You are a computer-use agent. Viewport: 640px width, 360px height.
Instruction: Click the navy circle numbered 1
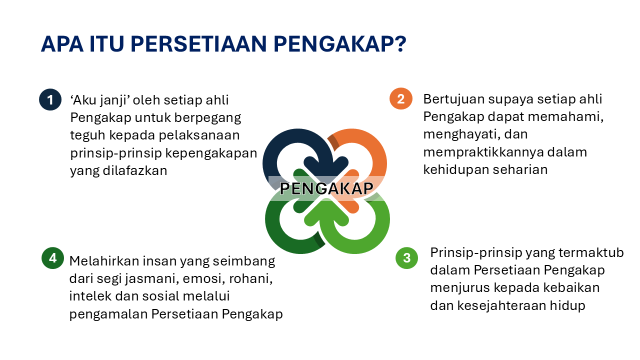pos(50,99)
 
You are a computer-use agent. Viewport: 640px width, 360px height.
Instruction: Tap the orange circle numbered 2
pos(400,98)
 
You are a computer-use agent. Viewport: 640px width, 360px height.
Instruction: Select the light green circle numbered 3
pos(406,258)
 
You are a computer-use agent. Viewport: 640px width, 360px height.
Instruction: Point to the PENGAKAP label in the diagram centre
pos(326,188)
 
